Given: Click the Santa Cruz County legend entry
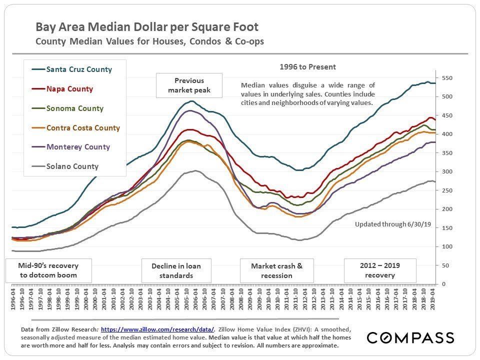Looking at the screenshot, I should click(78, 69).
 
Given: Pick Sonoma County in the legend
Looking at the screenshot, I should click(74, 108).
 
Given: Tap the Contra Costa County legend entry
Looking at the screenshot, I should click(83, 127).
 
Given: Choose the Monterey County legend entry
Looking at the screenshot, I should click(77, 147).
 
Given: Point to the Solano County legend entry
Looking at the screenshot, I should click(72, 166).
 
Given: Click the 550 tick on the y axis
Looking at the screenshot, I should click(446, 78).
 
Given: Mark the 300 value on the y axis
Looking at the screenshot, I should click(446, 171).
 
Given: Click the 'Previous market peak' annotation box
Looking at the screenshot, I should click(189, 85).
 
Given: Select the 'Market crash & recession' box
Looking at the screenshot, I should click(276, 270).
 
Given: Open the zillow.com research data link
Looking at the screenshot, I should click(158, 329).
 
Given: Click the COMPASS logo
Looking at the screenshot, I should click(410, 338).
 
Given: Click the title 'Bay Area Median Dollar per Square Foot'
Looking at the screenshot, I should click(147, 26).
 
